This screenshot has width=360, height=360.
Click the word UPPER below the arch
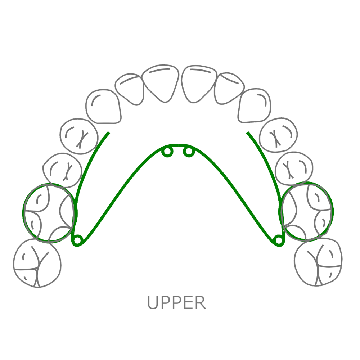click(x=176, y=302)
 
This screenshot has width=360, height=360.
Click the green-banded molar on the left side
click(x=49, y=213)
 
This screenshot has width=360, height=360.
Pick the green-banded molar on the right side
click(x=308, y=212)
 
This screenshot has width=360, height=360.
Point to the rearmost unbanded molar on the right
click(x=319, y=262)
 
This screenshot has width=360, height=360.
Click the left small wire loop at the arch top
click(x=167, y=152)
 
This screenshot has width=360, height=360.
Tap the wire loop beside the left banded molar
click(x=77, y=240)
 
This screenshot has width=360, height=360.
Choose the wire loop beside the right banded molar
click(x=278, y=240)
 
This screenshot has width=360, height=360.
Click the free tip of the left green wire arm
click(x=108, y=132)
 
